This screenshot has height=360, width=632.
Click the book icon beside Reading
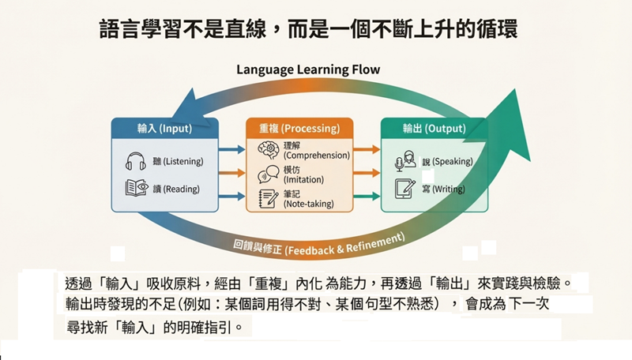[135, 188]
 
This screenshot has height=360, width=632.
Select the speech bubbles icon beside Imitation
[267, 173]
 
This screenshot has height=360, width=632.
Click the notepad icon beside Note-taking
[267, 198]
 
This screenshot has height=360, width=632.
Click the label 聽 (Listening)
[178, 162]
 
